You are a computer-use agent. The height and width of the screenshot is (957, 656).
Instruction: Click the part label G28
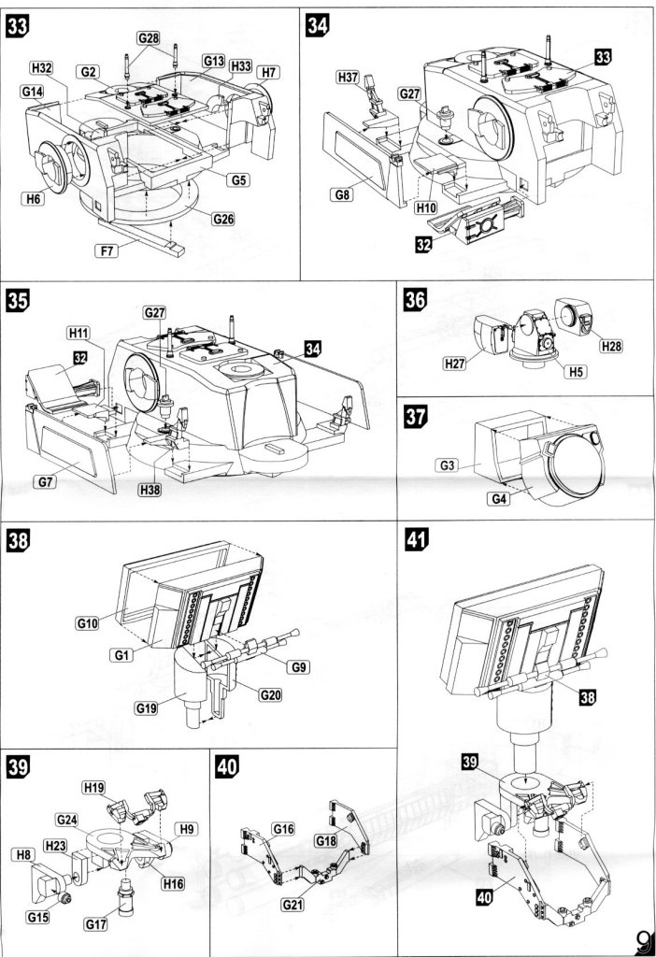149,38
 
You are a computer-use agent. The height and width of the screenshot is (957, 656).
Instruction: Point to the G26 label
223,219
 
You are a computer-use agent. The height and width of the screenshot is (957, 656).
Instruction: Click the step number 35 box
18,301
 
